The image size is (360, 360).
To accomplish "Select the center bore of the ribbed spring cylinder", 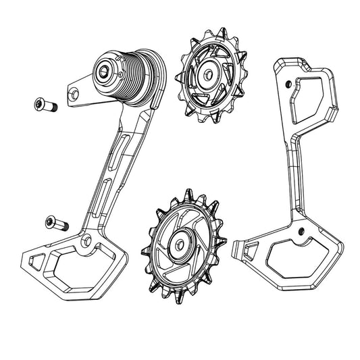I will (106, 70).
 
